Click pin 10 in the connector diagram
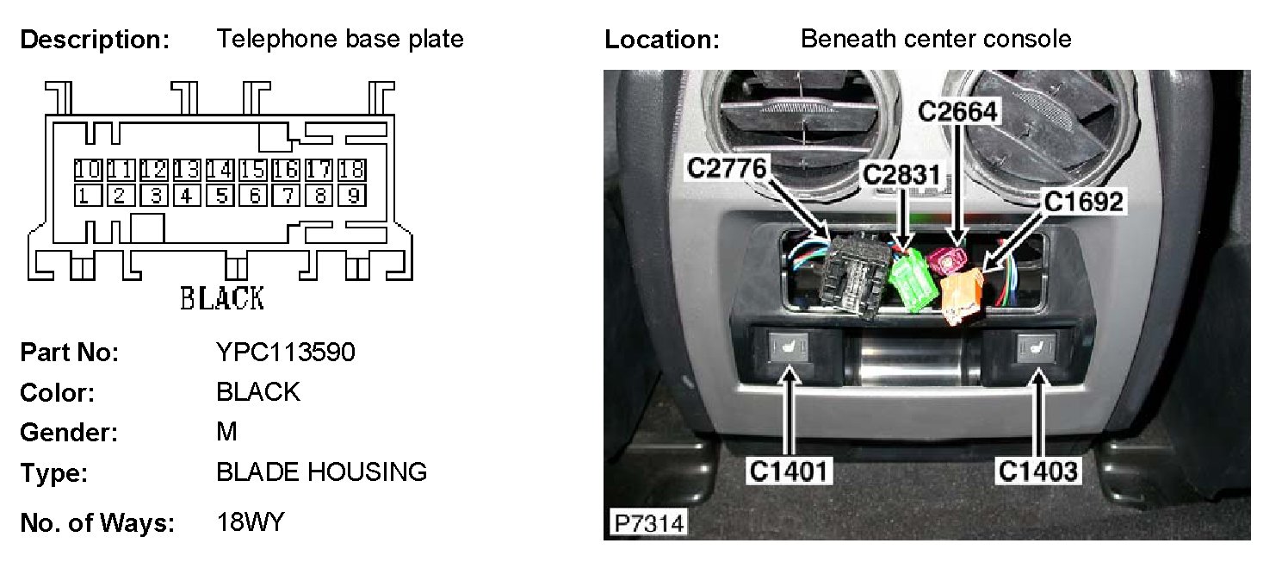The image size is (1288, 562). pos(87,169)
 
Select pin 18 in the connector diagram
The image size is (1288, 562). pos(352,169)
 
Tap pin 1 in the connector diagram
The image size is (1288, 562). pos(87,196)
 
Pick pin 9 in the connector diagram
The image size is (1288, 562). pos(352,196)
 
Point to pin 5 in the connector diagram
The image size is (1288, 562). pos(221,196)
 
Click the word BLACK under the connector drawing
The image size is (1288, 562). pos(221,298)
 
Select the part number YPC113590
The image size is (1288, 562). pos(285,353)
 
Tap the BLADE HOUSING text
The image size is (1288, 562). pos(321,471)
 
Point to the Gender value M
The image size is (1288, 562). pos(226,431)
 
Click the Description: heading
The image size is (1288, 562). pos(95,40)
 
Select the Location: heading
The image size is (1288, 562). pos(661,40)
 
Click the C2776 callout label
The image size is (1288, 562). pos(726,169)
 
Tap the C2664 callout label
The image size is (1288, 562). pos(957,112)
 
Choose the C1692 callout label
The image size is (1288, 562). pos(1084,202)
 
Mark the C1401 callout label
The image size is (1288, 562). pos(790,471)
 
